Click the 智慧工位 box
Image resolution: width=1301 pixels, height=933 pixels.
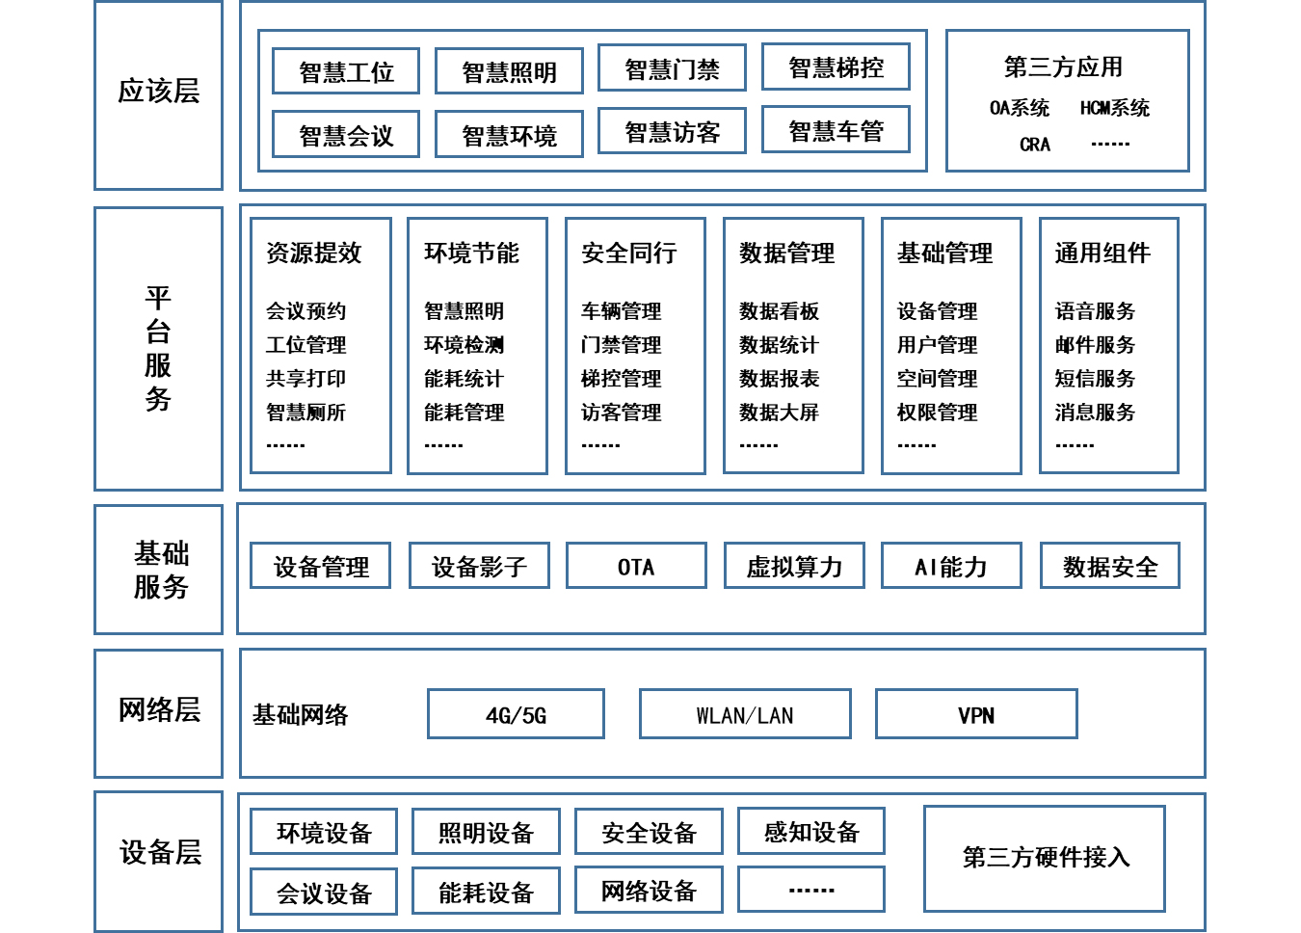pos(346,71)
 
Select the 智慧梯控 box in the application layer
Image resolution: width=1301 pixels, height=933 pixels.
pos(836,67)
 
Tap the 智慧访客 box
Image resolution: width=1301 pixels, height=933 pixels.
pos(672,131)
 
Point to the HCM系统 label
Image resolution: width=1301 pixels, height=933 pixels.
pos(1115,108)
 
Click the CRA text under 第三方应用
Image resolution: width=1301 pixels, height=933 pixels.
pos(1034,144)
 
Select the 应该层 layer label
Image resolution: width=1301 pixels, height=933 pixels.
pos(159,91)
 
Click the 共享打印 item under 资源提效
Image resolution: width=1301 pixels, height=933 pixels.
pos(305,378)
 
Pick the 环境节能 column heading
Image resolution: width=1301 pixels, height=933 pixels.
pos(471,253)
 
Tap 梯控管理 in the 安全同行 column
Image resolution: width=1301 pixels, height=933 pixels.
pos(621,378)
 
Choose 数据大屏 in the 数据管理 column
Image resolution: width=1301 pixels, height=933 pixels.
pos(779,412)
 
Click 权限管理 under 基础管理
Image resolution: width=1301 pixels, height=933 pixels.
pos(937,412)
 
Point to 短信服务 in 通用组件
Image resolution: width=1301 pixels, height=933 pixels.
pos(1095,378)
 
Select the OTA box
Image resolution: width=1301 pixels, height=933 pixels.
pos(636,566)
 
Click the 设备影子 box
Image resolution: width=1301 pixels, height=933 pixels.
pos(479,566)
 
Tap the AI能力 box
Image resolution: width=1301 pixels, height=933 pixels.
pos(951,566)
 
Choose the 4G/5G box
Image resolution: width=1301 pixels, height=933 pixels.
pos(516,714)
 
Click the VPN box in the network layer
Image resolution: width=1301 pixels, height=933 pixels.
pos(976,714)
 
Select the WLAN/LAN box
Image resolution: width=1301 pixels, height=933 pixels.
pos(745,714)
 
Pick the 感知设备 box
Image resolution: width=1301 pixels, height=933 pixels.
pos(811,831)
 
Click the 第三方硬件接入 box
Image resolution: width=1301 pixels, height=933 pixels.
pos(1045,858)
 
